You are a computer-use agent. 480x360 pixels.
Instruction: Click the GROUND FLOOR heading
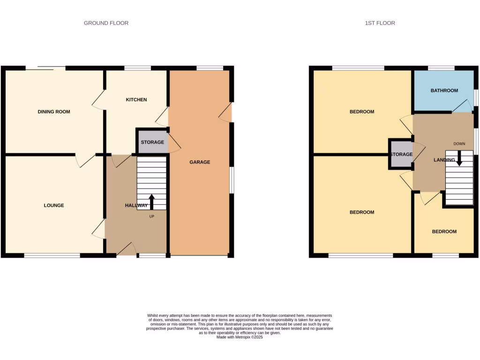tap(106, 23)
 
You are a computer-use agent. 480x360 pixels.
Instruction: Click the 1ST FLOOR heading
tap(380, 23)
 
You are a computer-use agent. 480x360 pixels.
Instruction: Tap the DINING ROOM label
tap(54, 112)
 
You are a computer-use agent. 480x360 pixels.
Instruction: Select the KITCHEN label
tap(136, 100)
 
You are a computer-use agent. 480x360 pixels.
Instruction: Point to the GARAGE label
tap(200, 162)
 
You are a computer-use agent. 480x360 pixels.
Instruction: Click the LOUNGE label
tap(54, 205)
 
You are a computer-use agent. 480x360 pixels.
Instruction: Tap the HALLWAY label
tap(136, 206)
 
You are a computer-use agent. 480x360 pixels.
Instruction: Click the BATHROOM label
tap(444, 90)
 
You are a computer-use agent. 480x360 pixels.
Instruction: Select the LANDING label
tap(444, 160)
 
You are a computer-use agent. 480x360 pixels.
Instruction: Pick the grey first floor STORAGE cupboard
tap(401, 154)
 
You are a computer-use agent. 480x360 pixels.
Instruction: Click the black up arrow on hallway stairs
tap(151, 202)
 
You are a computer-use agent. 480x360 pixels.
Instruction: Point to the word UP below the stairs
tap(151, 216)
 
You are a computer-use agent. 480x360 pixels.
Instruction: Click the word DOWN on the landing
tap(459, 143)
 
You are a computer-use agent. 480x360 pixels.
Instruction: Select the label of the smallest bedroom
tap(444, 232)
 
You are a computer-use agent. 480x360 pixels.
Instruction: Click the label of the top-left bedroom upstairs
tap(362, 112)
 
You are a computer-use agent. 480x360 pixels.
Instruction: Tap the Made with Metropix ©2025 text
tap(240, 337)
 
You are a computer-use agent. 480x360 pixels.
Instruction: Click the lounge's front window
tap(52, 255)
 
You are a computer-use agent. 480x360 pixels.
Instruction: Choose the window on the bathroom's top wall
tap(441, 68)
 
